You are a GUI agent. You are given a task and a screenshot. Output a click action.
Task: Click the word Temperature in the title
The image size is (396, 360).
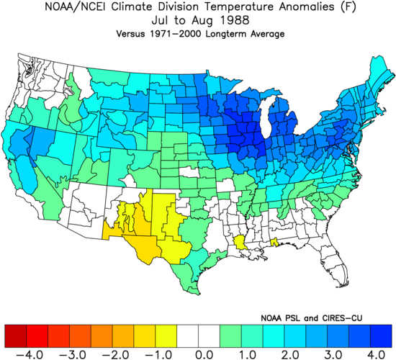tap(238, 6)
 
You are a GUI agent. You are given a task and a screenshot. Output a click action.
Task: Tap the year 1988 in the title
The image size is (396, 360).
tap(235, 20)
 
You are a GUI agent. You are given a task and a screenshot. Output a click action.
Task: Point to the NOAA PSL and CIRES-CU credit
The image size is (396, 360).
tap(311, 318)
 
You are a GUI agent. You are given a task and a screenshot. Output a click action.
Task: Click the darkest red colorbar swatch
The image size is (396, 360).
tap(16, 336)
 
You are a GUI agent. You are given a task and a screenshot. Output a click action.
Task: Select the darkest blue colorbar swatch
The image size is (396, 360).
tap(381, 336)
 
